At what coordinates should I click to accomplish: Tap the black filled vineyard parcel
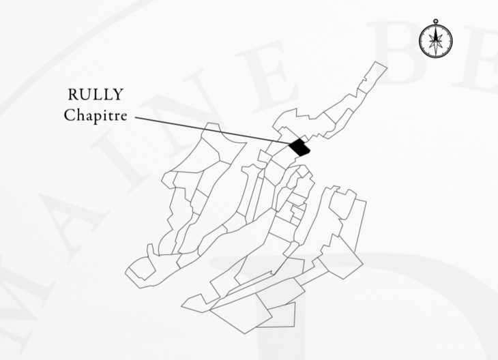coord(299,146)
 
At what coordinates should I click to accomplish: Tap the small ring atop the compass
coord(434,22)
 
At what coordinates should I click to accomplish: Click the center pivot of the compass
coord(434,40)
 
